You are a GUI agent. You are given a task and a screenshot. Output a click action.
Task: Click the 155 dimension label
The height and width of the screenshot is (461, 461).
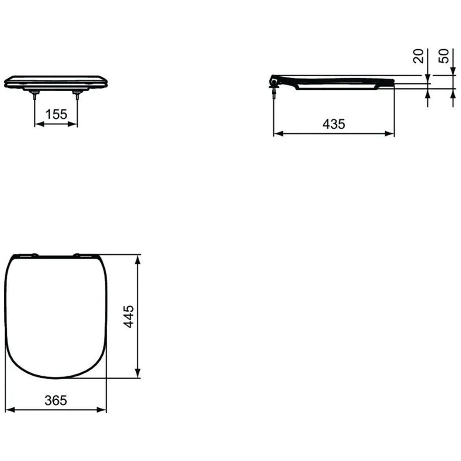click(x=56, y=114)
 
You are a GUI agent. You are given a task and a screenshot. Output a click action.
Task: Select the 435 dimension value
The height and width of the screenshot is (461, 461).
click(x=334, y=124)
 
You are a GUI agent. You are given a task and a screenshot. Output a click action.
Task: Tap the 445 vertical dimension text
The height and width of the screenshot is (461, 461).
click(x=129, y=316)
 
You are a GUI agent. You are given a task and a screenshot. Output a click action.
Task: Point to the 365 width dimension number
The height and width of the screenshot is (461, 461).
click(x=56, y=400)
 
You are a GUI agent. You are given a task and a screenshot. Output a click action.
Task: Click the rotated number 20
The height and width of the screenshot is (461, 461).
click(x=419, y=56)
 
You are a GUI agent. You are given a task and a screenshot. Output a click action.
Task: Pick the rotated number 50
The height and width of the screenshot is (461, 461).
click(x=443, y=56)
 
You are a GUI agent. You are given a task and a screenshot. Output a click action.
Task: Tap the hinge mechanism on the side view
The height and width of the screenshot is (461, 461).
click(x=273, y=82)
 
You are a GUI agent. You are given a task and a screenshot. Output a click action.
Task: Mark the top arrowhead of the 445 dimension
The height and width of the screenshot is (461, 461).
click(x=137, y=259)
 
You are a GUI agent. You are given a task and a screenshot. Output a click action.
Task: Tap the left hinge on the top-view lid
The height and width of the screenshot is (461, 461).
click(x=35, y=255)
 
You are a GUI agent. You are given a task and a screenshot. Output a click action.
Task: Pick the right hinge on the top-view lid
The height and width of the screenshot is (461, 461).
click(x=77, y=255)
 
